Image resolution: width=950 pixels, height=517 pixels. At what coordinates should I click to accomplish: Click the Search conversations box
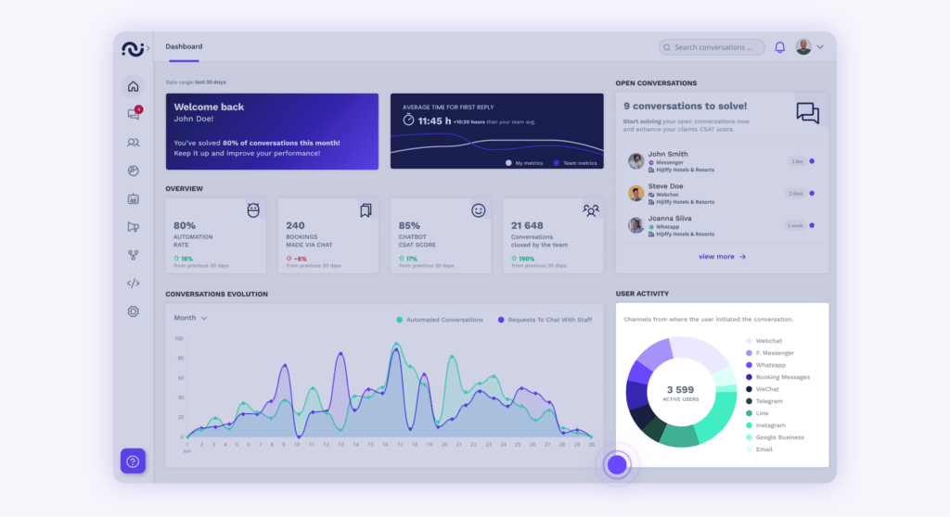(x=712, y=47)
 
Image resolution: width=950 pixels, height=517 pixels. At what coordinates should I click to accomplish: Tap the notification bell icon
(x=779, y=47)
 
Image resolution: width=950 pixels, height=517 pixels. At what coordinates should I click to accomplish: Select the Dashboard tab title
(x=184, y=46)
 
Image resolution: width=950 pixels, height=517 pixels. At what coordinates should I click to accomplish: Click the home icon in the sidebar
(x=134, y=87)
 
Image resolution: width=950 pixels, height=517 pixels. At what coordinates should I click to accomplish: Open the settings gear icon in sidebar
(x=134, y=311)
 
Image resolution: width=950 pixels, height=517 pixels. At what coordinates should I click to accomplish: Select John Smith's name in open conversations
(x=668, y=154)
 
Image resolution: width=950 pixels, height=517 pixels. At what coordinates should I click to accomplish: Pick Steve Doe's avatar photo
(x=635, y=193)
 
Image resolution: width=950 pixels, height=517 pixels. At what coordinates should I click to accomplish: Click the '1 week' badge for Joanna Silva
(x=795, y=225)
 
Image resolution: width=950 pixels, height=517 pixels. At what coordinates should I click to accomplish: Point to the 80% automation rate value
(x=185, y=225)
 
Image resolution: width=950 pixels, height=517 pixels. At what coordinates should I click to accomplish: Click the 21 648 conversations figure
(x=528, y=225)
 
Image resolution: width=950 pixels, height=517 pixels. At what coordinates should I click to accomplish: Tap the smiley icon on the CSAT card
(x=479, y=210)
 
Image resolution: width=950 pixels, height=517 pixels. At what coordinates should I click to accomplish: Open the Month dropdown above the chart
(x=190, y=318)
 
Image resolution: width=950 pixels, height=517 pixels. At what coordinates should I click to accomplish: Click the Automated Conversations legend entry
(x=440, y=320)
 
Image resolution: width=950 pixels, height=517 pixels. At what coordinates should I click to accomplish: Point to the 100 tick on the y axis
(x=179, y=338)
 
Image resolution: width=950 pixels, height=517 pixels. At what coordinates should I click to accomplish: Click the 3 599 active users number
(x=680, y=390)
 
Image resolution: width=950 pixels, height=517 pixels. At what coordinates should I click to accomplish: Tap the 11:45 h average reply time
(x=434, y=120)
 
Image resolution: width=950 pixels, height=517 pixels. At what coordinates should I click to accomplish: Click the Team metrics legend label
(x=579, y=162)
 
